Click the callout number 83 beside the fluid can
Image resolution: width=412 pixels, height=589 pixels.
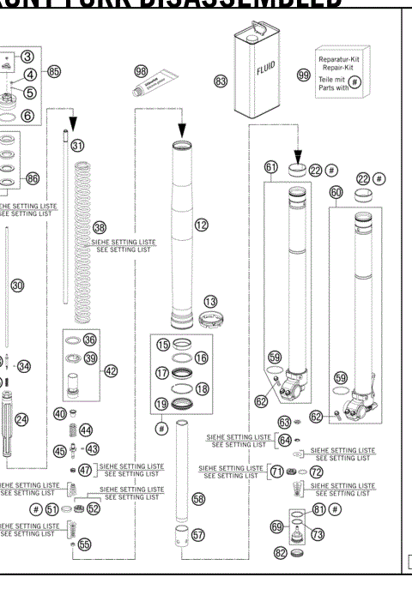pyautogui.click(x=222, y=81)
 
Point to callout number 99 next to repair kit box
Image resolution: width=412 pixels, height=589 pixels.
pyautogui.click(x=303, y=75)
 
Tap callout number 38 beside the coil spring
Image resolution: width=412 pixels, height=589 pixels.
pyautogui.click(x=100, y=228)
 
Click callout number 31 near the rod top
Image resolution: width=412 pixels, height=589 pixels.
pyautogui.click(x=78, y=146)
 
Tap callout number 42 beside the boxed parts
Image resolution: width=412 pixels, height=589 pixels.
pyautogui.click(x=111, y=371)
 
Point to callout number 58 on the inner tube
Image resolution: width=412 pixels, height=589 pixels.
pyautogui.click(x=198, y=498)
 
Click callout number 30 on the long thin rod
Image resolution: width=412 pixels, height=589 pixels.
pyautogui.click(x=17, y=285)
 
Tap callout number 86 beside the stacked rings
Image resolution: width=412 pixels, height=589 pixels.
pyautogui.click(x=33, y=178)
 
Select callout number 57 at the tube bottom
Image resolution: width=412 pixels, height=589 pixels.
pyautogui.click(x=198, y=535)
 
